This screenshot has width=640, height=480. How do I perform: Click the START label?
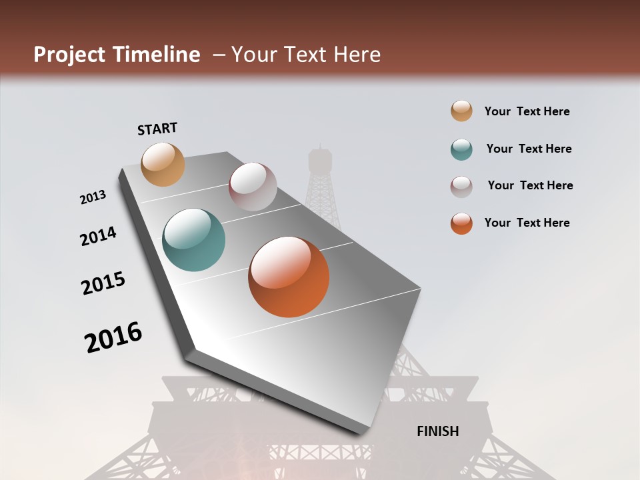pyautogui.click(x=157, y=129)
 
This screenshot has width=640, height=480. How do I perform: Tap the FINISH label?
pyautogui.click(x=437, y=431)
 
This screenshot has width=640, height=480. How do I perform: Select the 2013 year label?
pyautogui.click(x=93, y=197)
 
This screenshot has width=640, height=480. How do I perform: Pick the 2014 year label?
pyautogui.click(x=98, y=236)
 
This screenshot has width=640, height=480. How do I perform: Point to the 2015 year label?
pyautogui.click(x=103, y=283)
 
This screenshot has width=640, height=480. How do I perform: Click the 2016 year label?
pyautogui.click(x=113, y=337)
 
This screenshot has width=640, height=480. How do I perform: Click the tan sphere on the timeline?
pyautogui.click(x=163, y=164)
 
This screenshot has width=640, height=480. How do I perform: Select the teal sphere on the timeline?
pyautogui.click(x=193, y=240)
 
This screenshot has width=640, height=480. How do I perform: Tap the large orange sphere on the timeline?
pyautogui.click(x=289, y=277)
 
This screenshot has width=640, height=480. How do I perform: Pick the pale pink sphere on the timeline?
pyautogui.click(x=253, y=187)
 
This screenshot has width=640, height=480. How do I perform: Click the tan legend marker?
pyautogui.click(x=461, y=111)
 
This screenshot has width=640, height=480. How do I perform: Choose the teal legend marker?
pyautogui.click(x=461, y=149)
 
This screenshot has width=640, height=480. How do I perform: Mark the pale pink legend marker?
pyautogui.click(x=461, y=187)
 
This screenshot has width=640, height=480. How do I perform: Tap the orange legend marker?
pyautogui.click(x=461, y=223)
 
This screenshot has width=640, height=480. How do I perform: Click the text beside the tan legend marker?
pyautogui.click(x=527, y=111)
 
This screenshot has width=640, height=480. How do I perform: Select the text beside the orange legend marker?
pyautogui.click(x=527, y=223)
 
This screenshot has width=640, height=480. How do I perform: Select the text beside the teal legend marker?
pyautogui.click(x=529, y=149)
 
